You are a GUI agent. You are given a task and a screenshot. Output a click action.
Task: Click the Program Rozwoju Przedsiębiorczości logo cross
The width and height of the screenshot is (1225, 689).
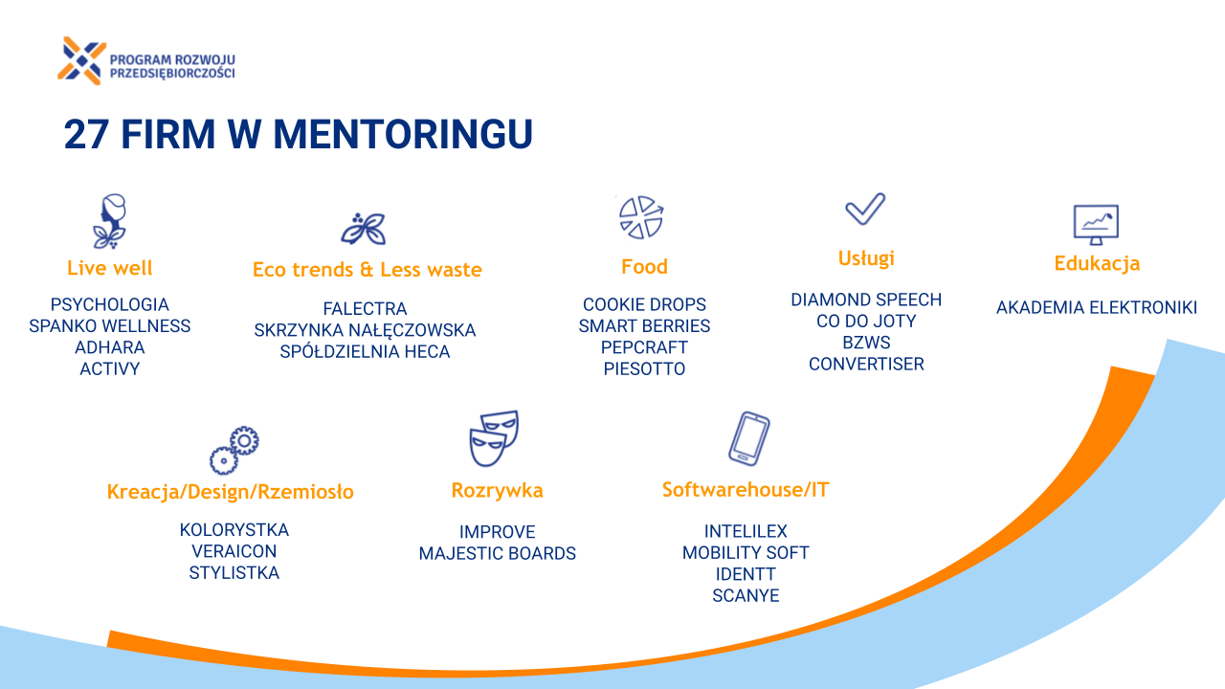(x=82, y=60)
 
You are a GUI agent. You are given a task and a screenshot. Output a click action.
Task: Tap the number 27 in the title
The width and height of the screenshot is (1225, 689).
(x=85, y=134)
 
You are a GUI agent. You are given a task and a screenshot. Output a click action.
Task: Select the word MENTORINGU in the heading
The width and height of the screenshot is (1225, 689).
(x=403, y=134)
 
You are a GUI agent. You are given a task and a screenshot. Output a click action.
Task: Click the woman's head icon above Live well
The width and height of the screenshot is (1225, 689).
(x=110, y=221)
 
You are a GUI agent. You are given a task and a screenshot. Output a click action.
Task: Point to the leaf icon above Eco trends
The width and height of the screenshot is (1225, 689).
(x=364, y=229)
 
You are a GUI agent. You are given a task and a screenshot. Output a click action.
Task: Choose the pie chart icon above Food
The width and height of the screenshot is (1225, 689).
(x=641, y=217)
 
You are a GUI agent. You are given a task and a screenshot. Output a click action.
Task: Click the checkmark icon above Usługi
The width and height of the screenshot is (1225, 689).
(x=865, y=209)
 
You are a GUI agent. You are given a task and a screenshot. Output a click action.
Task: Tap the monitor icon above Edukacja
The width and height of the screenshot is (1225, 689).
(x=1096, y=224)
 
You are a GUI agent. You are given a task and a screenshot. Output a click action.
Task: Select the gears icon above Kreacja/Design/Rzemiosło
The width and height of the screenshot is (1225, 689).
(x=234, y=450)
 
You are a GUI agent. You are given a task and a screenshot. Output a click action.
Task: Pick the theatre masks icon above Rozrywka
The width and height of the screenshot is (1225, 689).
(x=494, y=438)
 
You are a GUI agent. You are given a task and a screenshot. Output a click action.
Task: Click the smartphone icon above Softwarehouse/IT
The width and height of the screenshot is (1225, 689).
(x=748, y=438)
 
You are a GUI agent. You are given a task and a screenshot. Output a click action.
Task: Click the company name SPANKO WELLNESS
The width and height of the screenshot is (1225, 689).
(x=110, y=326)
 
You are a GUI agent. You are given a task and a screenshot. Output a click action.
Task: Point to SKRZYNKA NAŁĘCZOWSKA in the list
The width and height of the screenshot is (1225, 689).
(x=365, y=330)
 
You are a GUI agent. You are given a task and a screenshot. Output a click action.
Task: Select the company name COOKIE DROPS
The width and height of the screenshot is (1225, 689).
(x=644, y=304)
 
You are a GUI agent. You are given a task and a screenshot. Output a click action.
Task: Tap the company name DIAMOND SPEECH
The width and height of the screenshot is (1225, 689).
(x=866, y=300)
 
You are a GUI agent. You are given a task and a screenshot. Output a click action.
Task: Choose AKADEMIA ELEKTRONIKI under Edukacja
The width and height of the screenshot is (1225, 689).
(x=1097, y=307)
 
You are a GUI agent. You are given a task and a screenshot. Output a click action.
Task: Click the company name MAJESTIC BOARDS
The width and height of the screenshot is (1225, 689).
(x=497, y=553)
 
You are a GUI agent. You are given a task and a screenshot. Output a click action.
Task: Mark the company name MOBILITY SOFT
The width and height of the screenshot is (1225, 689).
(x=746, y=553)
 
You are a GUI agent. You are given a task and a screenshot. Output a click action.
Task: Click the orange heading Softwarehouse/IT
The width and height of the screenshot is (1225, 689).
(x=746, y=489)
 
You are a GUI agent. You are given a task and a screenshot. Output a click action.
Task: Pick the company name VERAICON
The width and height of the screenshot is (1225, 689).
(x=234, y=551)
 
